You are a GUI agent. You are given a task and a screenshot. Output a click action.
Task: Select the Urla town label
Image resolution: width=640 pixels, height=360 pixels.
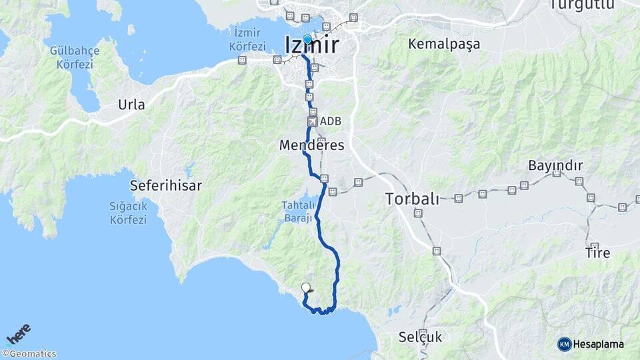(x=131, y=105)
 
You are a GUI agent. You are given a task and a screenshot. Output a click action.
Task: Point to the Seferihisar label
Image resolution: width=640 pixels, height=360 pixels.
(x=166, y=185)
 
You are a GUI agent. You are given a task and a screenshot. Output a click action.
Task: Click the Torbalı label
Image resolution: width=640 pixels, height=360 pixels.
(x=413, y=199)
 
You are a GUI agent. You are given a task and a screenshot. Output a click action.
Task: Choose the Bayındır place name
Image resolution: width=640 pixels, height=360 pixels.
(x=555, y=165)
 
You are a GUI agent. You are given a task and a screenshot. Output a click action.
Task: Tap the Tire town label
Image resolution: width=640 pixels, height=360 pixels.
(x=597, y=253)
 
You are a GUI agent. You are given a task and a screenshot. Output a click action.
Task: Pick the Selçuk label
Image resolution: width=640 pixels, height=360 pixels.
(x=420, y=337)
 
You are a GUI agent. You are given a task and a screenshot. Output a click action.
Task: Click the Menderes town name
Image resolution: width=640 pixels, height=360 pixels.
(x=312, y=145)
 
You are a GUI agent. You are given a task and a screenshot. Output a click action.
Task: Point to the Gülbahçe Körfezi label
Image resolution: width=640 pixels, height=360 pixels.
(x=75, y=58)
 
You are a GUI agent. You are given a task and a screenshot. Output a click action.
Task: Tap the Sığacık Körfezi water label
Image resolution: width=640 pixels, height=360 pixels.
(x=128, y=213)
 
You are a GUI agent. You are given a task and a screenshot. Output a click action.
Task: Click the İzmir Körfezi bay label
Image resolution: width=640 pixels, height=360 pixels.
(x=247, y=39)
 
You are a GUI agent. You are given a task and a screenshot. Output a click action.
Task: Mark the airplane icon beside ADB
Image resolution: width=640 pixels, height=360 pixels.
(x=311, y=121)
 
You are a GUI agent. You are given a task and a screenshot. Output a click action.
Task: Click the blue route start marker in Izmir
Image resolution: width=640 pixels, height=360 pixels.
(x=307, y=39)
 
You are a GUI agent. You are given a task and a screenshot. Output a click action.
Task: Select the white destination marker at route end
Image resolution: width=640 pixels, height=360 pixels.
(x=306, y=288)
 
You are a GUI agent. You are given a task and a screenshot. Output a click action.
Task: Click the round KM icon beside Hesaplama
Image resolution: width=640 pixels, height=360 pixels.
(x=565, y=344)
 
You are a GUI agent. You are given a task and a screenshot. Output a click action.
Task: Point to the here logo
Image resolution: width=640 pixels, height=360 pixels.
(x=19, y=335)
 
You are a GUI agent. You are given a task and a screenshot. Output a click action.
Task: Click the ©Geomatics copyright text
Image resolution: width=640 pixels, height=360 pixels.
(x=29, y=354)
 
